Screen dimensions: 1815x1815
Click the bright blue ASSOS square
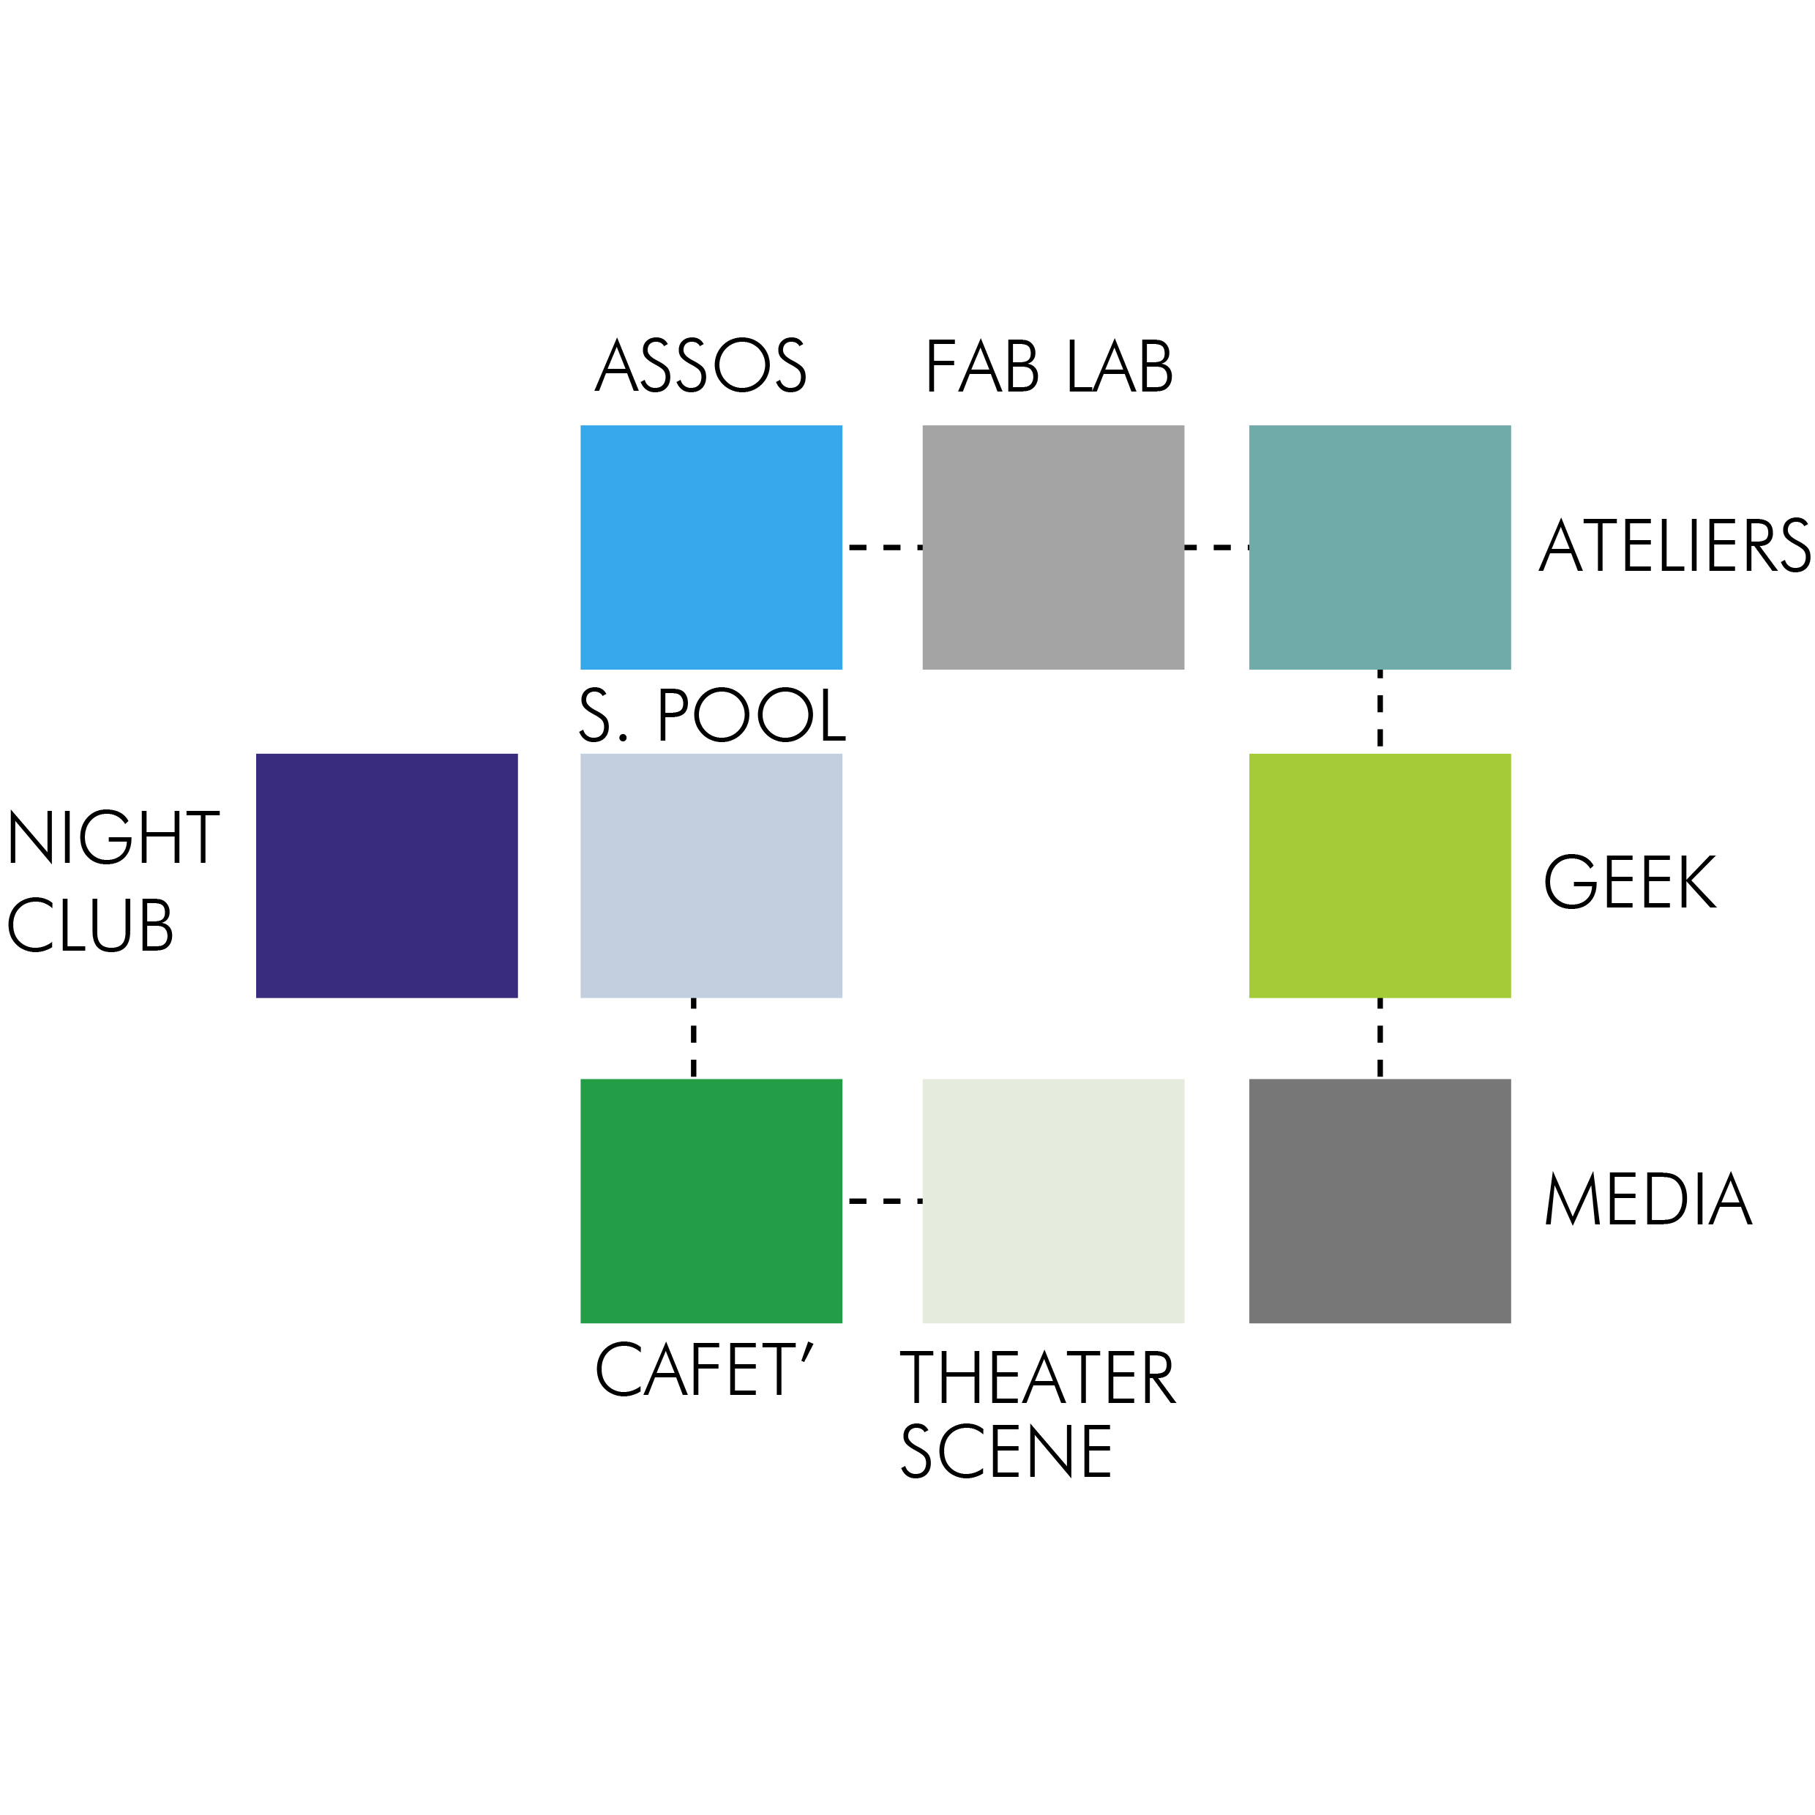click(x=711, y=547)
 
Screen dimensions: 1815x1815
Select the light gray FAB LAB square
click(x=1053, y=547)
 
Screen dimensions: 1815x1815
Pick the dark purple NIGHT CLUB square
click(x=387, y=875)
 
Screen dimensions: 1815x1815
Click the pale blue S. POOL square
click(x=711, y=875)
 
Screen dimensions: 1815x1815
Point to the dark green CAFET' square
click(x=711, y=1200)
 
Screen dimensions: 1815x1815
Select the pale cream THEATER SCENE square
click(x=1053, y=1200)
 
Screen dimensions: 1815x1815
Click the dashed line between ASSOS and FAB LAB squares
click(x=883, y=547)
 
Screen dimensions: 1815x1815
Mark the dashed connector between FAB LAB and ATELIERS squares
click(x=1216, y=547)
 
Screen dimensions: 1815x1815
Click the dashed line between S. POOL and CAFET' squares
click(x=693, y=1038)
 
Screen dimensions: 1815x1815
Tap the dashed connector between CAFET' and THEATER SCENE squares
click(x=883, y=1200)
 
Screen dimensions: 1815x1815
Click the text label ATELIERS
click(x=1674, y=546)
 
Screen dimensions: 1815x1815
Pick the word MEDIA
click(x=1648, y=1200)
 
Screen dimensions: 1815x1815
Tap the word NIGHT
click(x=113, y=837)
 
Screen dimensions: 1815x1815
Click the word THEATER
click(x=1037, y=1378)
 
